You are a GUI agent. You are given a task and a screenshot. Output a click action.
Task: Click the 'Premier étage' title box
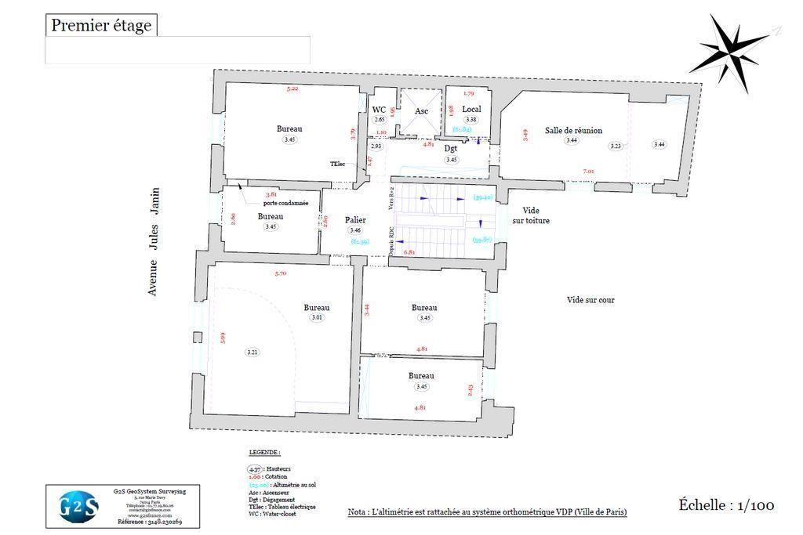tap(101, 25)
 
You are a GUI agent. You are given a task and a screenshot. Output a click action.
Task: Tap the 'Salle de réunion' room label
tap(573, 131)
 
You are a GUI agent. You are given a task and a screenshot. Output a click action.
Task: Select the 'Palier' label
tap(355, 220)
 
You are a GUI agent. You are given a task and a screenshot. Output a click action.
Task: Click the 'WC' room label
tap(379, 110)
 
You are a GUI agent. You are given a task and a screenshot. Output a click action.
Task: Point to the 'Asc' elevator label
tap(422, 111)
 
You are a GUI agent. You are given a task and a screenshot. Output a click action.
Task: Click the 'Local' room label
tap(471, 109)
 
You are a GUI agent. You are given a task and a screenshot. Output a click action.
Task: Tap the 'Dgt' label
tap(451, 148)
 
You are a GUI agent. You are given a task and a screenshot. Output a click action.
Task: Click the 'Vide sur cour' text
tap(590, 300)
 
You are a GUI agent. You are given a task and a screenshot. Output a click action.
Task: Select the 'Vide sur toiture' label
tap(531, 216)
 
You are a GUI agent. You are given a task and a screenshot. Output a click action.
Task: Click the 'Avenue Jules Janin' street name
tap(154, 240)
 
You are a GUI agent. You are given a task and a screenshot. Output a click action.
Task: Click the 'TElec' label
tap(338, 164)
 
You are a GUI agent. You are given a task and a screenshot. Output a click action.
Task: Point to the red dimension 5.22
tap(292, 89)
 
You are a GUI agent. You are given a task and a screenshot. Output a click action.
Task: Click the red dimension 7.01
tap(588, 172)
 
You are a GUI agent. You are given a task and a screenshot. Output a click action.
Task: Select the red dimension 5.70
tap(281, 273)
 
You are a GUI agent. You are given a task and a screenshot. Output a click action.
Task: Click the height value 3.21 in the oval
tap(253, 352)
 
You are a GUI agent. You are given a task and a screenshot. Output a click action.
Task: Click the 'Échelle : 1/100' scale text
tap(726, 505)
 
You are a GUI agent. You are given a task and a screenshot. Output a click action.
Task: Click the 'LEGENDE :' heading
tap(264, 453)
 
